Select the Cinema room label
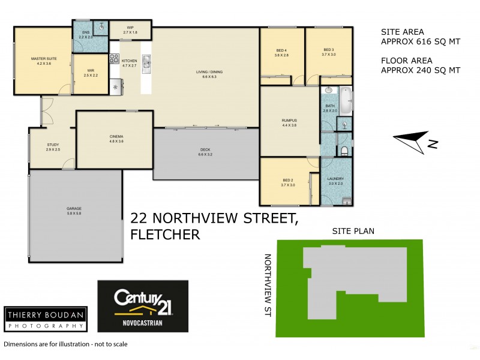[116, 139]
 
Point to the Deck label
[206, 152]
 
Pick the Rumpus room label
[289, 122]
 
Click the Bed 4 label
[282, 52]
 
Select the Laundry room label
[334, 181]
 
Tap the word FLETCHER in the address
[165, 234]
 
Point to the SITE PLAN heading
[350, 231]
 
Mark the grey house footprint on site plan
[348, 276]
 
